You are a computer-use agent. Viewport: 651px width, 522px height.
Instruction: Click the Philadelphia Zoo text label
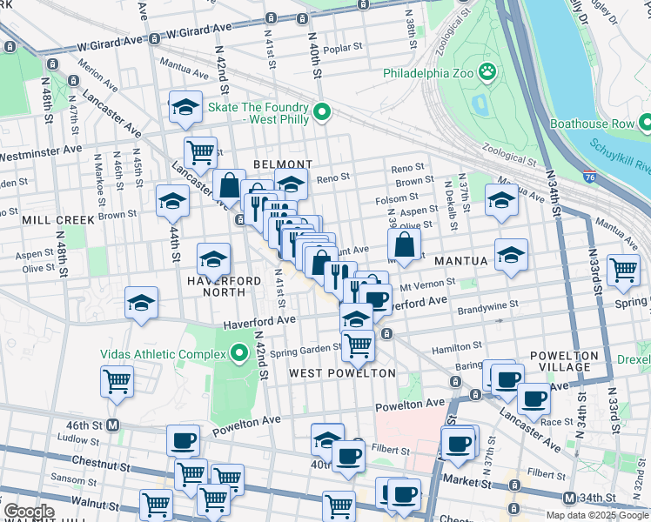[427, 73]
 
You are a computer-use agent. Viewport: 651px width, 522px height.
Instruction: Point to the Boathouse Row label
[592, 124]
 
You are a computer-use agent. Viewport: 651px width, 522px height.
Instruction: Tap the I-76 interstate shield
[591, 177]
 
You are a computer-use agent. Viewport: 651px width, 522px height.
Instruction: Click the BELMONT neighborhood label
[282, 164]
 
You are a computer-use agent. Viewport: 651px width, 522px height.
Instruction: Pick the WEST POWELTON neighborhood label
[342, 373]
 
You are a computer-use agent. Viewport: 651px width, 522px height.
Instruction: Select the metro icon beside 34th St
[568, 498]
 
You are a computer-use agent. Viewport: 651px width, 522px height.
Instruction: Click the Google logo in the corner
[29, 511]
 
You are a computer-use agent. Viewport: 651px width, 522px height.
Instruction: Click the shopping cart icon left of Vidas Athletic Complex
[117, 380]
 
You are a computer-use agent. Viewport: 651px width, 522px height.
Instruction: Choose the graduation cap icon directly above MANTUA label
[511, 254]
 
